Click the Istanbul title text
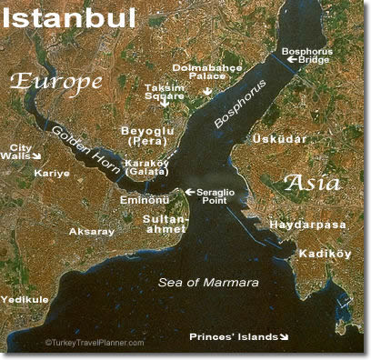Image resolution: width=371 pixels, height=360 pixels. point(70,18)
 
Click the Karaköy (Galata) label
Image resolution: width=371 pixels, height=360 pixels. point(148,168)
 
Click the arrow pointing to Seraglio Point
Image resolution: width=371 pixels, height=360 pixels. point(189,192)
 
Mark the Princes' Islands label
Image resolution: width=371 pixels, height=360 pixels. point(233,337)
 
